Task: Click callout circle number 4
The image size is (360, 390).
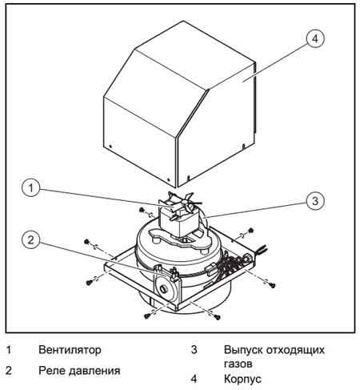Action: pyautogui.click(x=315, y=38)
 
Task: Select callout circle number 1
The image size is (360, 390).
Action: pyautogui.click(x=31, y=187)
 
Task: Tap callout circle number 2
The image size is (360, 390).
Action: pyautogui.click(x=31, y=239)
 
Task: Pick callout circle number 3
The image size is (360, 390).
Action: pyautogui.click(x=315, y=200)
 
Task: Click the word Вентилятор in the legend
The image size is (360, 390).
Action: pyautogui.click(x=70, y=349)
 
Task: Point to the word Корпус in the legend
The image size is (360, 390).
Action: pyautogui.click(x=242, y=379)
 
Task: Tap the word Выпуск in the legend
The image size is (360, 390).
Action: pyautogui.click(x=243, y=350)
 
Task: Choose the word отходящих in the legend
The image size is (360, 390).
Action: pyautogui.click(x=295, y=350)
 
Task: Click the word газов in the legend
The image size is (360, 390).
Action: pyautogui.click(x=238, y=364)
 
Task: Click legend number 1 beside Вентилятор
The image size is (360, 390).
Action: pyautogui.click(x=9, y=349)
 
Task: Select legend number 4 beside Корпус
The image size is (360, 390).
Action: pyautogui.click(x=194, y=379)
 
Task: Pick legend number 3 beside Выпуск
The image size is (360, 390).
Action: pyautogui.click(x=194, y=349)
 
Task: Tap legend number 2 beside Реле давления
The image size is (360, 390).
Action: pyautogui.click(x=9, y=371)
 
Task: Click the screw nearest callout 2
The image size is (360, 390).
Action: pyautogui.click(x=86, y=242)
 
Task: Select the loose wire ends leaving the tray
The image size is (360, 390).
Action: pyautogui.click(x=262, y=249)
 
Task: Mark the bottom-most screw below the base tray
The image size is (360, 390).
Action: pyautogui.click(x=218, y=317)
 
